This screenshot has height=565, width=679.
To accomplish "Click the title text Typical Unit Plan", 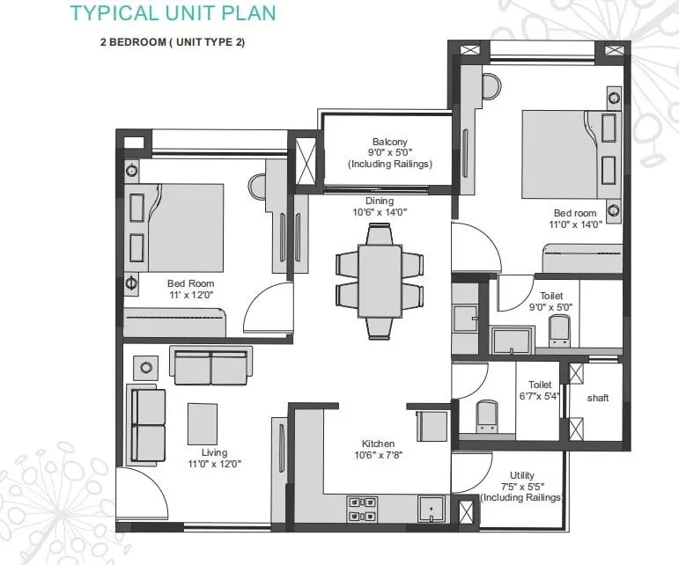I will tap(172, 13).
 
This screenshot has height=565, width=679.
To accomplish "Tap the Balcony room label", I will tap(389, 143).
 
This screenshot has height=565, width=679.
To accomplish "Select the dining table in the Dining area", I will tap(380, 279).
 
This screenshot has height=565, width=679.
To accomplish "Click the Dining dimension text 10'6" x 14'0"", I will tap(380, 212).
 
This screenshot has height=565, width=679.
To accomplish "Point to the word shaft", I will tap(598, 399).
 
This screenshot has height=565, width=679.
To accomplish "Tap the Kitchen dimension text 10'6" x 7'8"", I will tap(378, 455).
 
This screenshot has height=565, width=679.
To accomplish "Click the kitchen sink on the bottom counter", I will tap(431, 510).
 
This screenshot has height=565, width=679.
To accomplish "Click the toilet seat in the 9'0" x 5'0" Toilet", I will tap(560, 329).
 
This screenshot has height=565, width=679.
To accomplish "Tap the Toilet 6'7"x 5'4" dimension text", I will tap(540, 397).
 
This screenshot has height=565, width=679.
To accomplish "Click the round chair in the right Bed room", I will tap(491, 86).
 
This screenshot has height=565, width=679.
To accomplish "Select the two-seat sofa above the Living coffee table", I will tap(210, 366).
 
